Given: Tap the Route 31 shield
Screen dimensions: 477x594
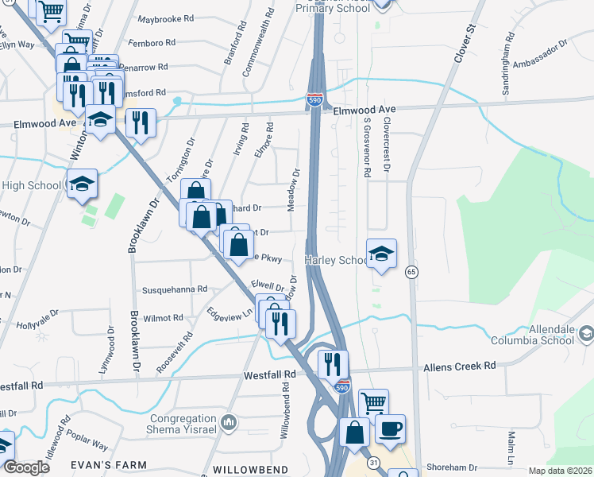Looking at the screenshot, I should point(372,463).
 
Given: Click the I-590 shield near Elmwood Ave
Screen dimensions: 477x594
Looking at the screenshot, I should point(314,99).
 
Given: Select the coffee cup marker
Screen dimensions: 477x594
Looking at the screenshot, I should point(390,430).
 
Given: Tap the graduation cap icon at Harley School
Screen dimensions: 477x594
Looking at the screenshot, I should point(381,255).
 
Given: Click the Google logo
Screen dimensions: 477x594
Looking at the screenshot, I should point(27,467).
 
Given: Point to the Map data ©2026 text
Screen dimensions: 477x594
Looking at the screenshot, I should point(559,471).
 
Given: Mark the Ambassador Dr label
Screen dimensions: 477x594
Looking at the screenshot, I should point(541,54).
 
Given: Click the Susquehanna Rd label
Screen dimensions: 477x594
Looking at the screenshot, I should point(174,289).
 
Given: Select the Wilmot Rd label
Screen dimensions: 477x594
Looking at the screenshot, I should point(163,318).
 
